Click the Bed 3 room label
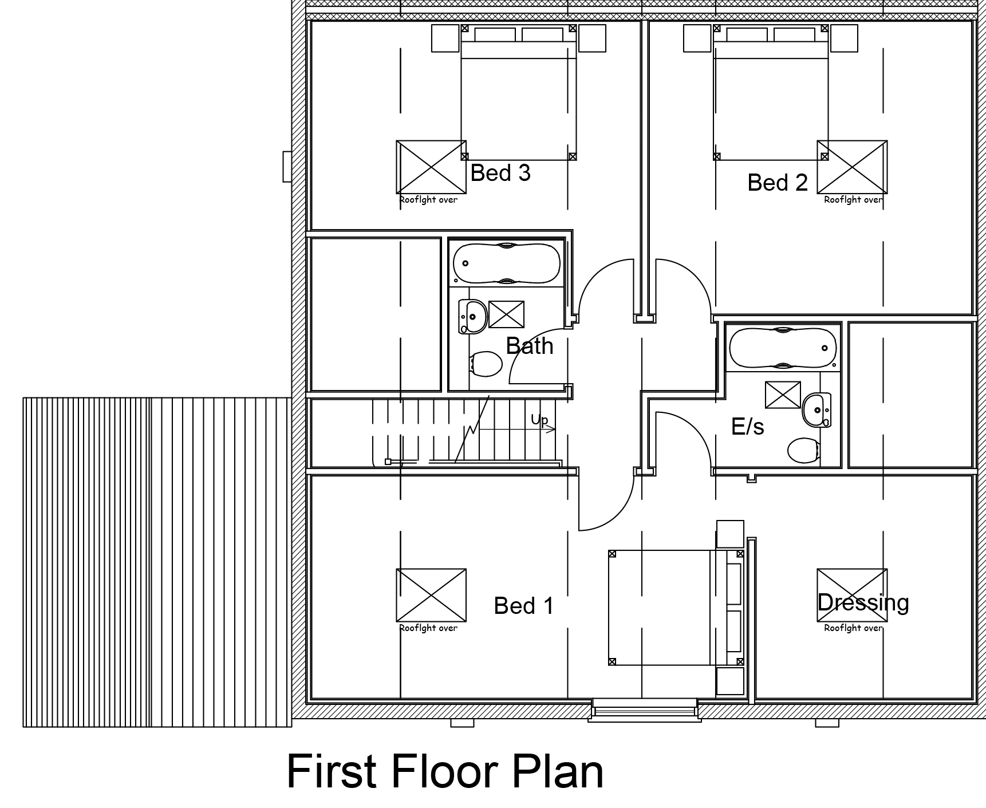click(x=500, y=172)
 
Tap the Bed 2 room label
click(x=778, y=183)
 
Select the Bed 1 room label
click(x=524, y=606)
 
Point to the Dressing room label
click(x=863, y=604)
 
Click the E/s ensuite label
click(x=748, y=426)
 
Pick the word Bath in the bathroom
click(x=530, y=346)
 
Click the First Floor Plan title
click(x=445, y=771)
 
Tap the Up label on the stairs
click(x=539, y=421)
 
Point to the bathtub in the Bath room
click(x=507, y=263)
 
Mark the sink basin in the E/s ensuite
click(x=817, y=409)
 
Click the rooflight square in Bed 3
click(x=431, y=167)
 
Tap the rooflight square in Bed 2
click(x=852, y=167)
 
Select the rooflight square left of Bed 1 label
click(x=431, y=595)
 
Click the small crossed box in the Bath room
click(x=506, y=314)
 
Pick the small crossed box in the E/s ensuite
click(x=783, y=395)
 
